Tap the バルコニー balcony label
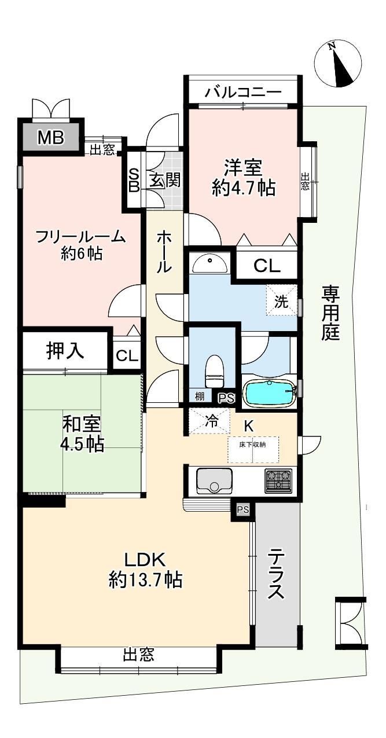click(x=243, y=91)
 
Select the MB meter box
click(x=50, y=138)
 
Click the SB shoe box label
click(x=133, y=179)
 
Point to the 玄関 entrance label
click(x=166, y=180)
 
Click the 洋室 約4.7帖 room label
click(x=243, y=178)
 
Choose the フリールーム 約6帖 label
click(x=81, y=244)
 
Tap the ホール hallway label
click(x=164, y=252)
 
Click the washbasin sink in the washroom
click(x=209, y=265)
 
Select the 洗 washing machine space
click(x=281, y=301)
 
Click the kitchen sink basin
click(x=214, y=480)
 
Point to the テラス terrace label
click(x=276, y=577)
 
